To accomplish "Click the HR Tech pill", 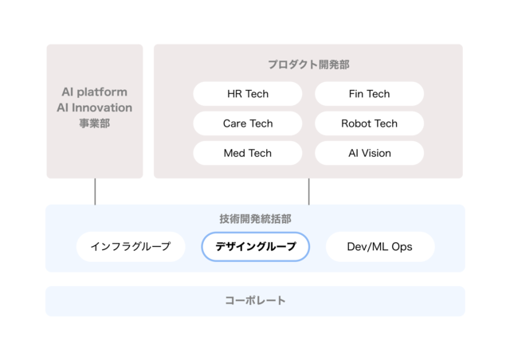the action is coord(248,94).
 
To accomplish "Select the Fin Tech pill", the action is coord(369,94).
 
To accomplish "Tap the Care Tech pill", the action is coord(248,123).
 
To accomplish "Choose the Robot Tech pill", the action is coord(369,123).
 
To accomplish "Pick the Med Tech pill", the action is coord(248,153).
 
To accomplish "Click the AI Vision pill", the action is coord(369,153).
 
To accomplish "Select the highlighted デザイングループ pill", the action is coord(255,246).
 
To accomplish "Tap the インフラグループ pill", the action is coord(131,246).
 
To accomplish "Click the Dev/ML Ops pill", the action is coord(380,246).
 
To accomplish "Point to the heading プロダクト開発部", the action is coord(308,65).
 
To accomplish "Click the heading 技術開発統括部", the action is coord(255,219).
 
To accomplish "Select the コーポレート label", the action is coord(255,300).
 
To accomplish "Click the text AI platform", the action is coord(94,92).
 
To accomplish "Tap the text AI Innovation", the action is coord(94,108).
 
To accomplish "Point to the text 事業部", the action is coord(94,123).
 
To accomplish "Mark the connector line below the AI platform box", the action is coord(95,191).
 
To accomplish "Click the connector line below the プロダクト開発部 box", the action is coord(308,191).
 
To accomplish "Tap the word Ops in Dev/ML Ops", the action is coord(402,247).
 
